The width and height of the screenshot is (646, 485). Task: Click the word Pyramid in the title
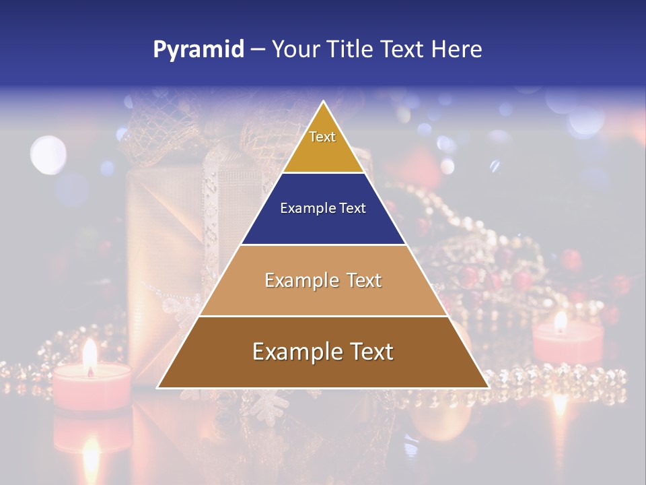[198, 50]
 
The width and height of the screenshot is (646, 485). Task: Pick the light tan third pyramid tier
[323, 296]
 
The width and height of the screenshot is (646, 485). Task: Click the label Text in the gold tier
[322, 137]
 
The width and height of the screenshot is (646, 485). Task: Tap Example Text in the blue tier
[323, 208]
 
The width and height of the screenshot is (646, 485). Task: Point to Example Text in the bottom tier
[323, 352]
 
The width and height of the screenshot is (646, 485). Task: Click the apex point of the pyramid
[324, 102]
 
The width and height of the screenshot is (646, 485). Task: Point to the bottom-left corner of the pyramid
[158, 387]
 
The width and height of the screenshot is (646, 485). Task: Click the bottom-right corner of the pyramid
[489, 387]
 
